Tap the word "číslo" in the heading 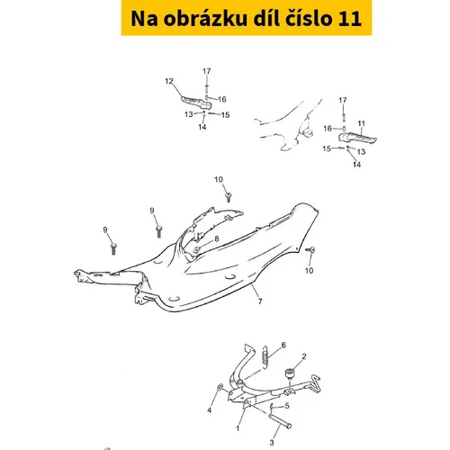click(308, 18)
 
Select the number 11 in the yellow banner click(350, 19)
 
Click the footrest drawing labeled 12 click(196, 103)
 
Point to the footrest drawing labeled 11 click(357, 139)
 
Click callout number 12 click(169, 81)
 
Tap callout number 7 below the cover click(260, 301)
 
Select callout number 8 click(217, 238)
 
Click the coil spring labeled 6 click(265, 357)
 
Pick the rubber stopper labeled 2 click(290, 373)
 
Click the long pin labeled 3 click(280, 421)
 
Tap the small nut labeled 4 click(220, 388)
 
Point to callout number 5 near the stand click(287, 406)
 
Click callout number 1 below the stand click(238, 428)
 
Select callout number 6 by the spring click(283, 345)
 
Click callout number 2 click(304, 356)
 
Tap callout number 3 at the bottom click(272, 442)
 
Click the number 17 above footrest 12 click(207, 71)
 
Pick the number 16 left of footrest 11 click(328, 129)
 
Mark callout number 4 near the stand click(210, 410)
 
